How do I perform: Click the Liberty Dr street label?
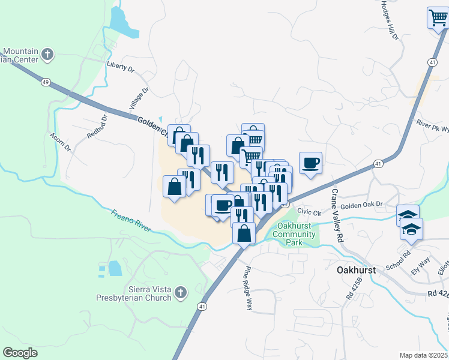(120, 67)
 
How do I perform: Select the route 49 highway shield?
(45, 82)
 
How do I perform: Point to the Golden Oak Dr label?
(362, 205)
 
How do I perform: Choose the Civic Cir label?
(310, 211)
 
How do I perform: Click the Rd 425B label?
(352, 289)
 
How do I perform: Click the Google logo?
(20, 353)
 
